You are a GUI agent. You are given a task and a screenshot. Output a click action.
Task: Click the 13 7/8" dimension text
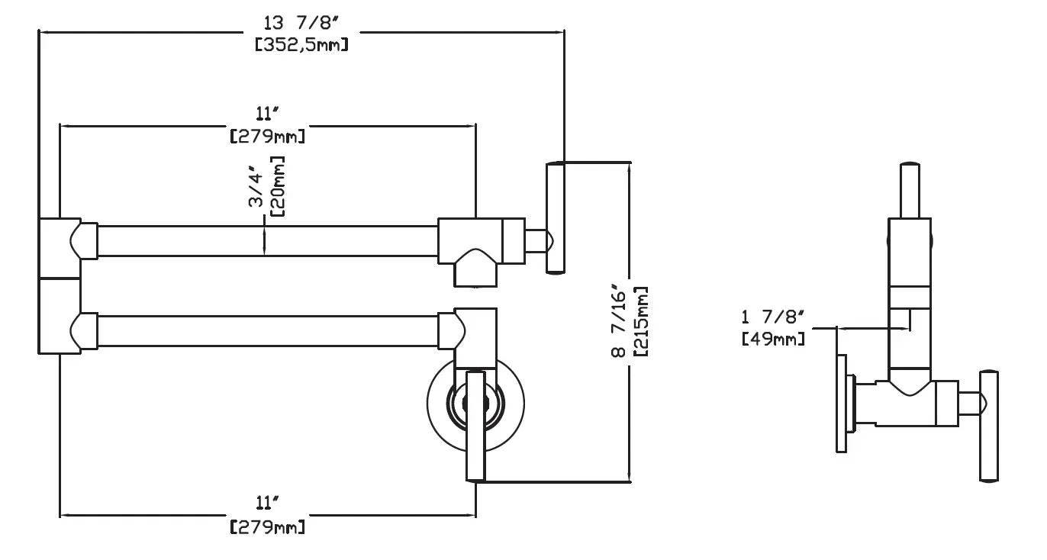(301, 23)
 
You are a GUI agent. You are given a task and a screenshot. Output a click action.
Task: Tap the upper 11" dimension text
(267, 114)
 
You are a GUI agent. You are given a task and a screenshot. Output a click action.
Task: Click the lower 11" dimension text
(267, 503)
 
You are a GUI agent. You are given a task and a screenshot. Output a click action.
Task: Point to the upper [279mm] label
(267, 137)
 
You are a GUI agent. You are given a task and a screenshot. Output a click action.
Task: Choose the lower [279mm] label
(267, 526)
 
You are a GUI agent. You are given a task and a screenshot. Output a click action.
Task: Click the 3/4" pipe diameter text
(256, 186)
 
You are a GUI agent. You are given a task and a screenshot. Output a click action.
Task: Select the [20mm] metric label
(278, 186)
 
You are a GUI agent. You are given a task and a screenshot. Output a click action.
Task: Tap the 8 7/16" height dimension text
(618, 320)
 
